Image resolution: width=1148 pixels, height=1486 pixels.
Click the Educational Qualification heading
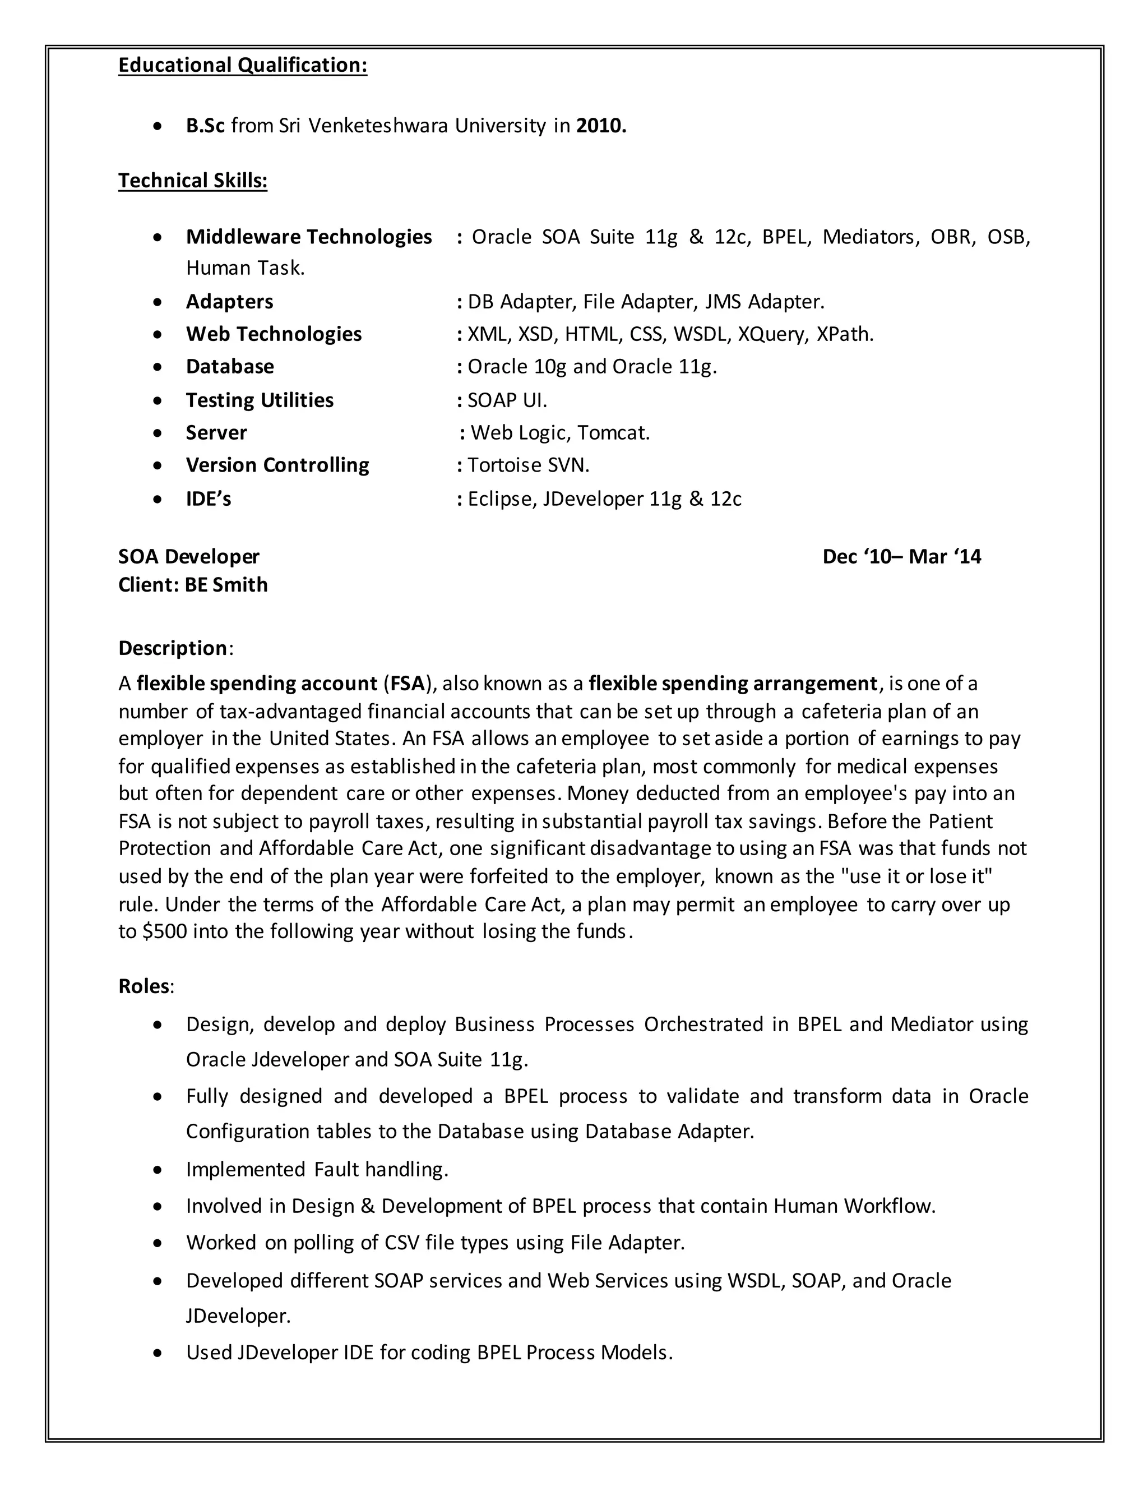point(242,64)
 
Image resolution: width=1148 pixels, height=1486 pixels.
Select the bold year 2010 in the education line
point(600,126)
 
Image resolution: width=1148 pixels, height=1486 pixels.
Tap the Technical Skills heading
point(192,181)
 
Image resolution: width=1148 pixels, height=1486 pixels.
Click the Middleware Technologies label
point(309,237)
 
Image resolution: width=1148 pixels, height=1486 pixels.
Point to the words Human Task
point(245,268)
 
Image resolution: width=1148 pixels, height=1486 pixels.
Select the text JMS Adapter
point(764,302)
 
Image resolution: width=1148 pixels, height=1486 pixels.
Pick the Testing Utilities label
point(259,400)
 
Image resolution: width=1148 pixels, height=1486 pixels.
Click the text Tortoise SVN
point(527,465)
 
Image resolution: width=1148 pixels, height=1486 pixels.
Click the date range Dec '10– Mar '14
point(901,557)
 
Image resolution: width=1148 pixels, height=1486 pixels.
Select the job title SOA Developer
point(188,557)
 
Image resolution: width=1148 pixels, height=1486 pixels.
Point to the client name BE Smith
point(226,585)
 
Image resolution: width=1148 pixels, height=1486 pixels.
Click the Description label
point(173,648)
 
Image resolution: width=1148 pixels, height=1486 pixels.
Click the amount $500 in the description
point(164,931)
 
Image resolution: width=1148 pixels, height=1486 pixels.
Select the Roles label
point(143,986)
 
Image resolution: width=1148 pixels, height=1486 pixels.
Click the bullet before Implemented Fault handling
point(158,1170)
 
